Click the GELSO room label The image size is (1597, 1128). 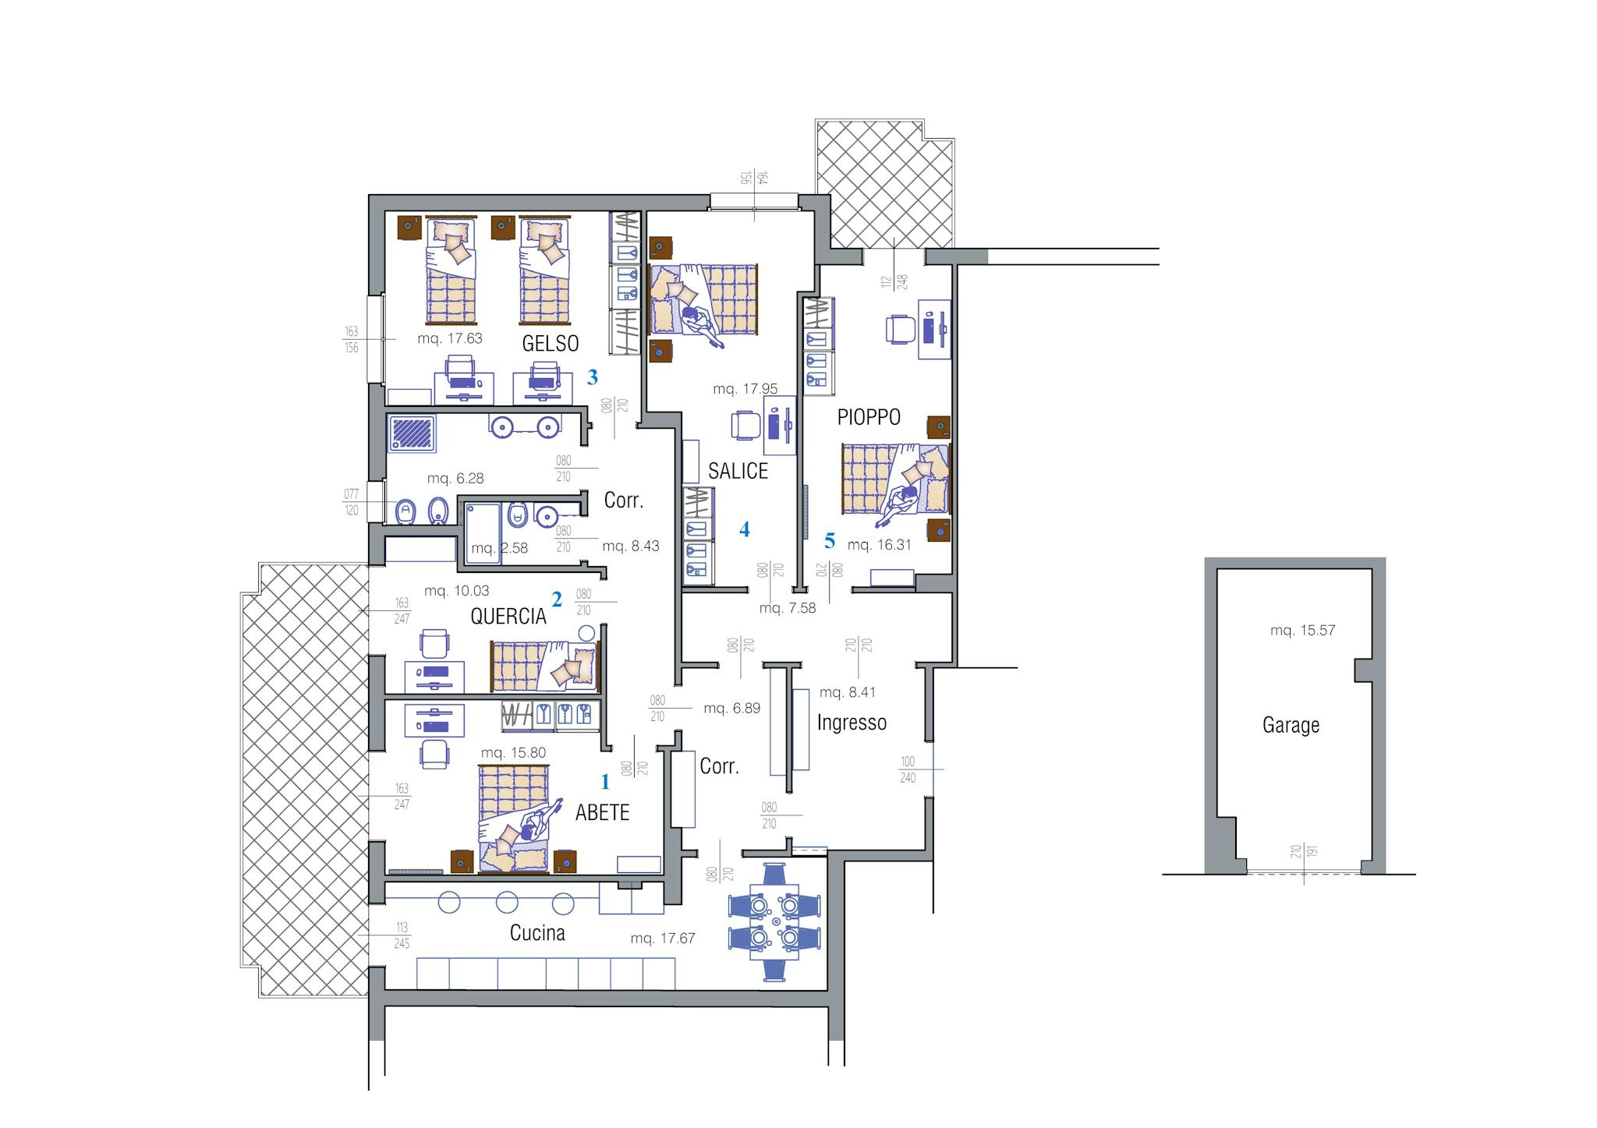click(x=551, y=343)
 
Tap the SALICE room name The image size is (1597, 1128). click(x=738, y=471)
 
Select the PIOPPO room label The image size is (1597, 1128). click(x=869, y=417)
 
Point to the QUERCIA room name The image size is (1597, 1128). click(x=508, y=617)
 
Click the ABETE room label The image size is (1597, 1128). click(x=602, y=813)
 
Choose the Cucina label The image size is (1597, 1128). click(x=537, y=933)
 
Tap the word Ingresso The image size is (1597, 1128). click(x=852, y=723)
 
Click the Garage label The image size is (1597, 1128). click(x=1291, y=726)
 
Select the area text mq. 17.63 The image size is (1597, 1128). click(x=450, y=339)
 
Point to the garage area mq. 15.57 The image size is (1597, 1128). click(x=1302, y=631)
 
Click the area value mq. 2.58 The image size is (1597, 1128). click(x=499, y=549)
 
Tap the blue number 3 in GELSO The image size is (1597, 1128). click(x=593, y=377)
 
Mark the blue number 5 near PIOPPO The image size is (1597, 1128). click(x=830, y=540)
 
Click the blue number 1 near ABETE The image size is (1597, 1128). click(x=605, y=781)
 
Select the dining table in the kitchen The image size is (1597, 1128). click(x=774, y=921)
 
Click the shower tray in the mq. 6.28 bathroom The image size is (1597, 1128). click(x=413, y=433)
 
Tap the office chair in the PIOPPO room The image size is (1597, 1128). click(x=900, y=329)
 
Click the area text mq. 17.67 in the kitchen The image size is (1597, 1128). click(x=663, y=939)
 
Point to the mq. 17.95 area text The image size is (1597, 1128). click(x=745, y=389)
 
